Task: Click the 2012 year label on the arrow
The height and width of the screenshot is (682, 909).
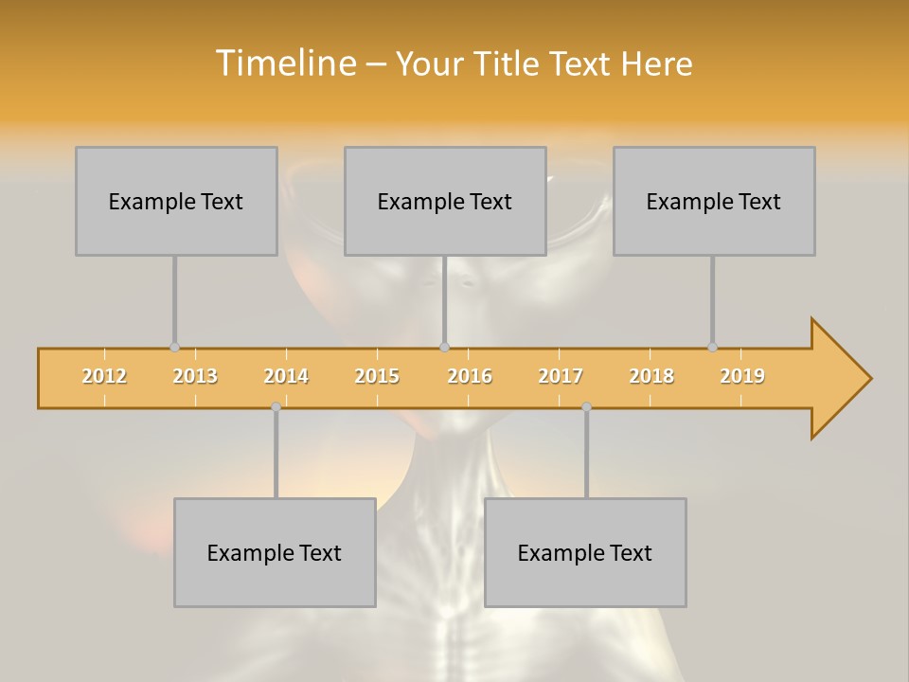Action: pyautogui.click(x=104, y=376)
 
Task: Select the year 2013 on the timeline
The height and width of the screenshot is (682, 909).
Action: pyautogui.click(x=195, y=376)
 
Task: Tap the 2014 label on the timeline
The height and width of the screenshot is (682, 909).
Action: pyautogui.click(x=286, y=376)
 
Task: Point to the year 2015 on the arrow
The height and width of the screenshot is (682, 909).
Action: pyautogui.click(x=377, y=376)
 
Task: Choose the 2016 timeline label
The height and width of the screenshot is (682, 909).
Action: pyautogui.click(x=470, y=376)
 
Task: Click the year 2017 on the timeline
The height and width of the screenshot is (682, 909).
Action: pyautogui.click(x=561, y=376)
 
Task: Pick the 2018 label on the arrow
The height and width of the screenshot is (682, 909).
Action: pyautogui.click(x=651, y=376)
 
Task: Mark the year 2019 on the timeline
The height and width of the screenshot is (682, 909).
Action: pyautogui.click(x=742, y=376)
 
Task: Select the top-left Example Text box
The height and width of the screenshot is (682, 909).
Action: pyautogui.click(x=176, y=201)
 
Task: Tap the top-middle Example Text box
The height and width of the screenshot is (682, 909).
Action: pyautogui.click(x=445, y=201)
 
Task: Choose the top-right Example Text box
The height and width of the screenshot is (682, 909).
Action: pyautogui.click(x=714, y=201)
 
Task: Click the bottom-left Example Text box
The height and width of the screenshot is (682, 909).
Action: pyautogui.click(x=275, y=552)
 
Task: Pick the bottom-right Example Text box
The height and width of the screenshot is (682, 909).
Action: pyautogui.click(x=585, y=552)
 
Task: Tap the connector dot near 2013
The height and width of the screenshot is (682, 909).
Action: pyautogui.click(x=174, y=348)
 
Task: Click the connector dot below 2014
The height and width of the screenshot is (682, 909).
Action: pyautogui.click(x=276, y=406)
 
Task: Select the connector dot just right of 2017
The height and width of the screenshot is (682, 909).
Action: pyautogui.click(x=586, y=406)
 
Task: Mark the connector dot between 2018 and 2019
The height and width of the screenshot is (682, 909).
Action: pyautogui.click(x=712, y=348)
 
